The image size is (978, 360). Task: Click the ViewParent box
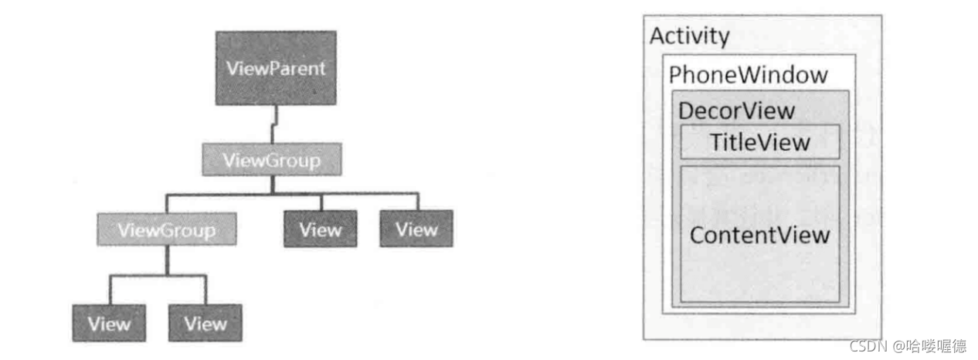[x=276, y=68]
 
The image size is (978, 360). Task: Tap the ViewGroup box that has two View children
[x=166, y=229]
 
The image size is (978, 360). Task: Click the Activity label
[x=689, y=36]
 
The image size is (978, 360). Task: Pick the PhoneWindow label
[x=747, y=75]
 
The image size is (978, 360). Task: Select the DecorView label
[x=735, y=110]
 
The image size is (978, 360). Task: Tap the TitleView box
[x=759, y=141]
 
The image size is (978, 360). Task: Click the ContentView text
[x=759, y=235]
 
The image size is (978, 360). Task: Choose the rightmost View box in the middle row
[x=416, y=229]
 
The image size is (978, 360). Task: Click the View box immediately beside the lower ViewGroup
[x=320, y=229]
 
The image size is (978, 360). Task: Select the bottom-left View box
[x=109, y=324]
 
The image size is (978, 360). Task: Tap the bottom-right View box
[x=205, y=324]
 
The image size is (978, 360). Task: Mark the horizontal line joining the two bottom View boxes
[x=158, y=276]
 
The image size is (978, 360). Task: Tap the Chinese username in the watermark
[x=938, y=345]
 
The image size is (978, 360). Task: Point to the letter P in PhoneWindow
[x=675, y=76]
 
